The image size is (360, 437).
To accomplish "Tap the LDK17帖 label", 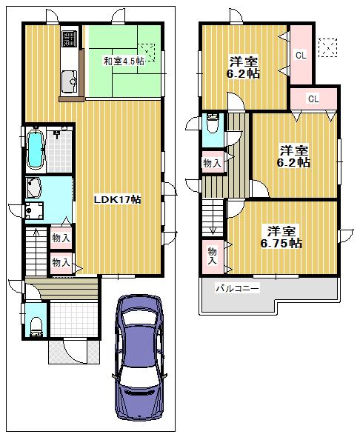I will click(117, 200).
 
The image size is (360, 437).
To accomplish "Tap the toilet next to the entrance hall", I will click(36, 325).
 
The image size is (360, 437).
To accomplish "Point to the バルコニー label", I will click(237, 288).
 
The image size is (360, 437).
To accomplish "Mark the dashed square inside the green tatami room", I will click(148, 51).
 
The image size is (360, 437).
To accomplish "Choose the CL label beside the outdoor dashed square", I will click(300, 54).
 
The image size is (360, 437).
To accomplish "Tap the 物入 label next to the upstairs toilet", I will click(211, 162).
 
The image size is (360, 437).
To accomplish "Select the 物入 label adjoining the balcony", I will click(212, 255).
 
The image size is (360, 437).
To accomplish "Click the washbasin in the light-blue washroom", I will click(34, 185).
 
